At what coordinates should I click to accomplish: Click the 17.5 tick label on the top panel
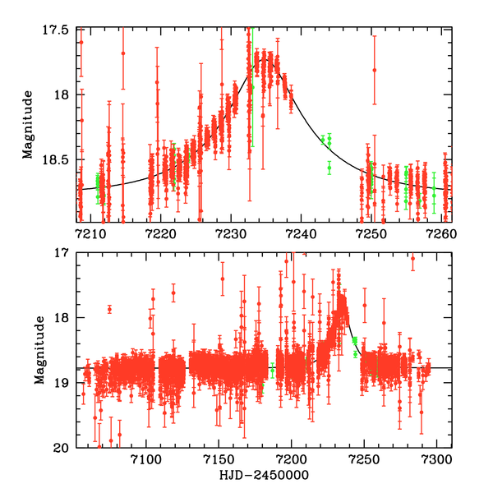pyautogui.click(x=60, y=30)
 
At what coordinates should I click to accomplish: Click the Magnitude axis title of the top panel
pyautogui.click(x=28, y=125)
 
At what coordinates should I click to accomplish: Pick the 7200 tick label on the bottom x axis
pyautogui.click(x=290, y=459)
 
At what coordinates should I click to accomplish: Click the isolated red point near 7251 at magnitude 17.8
pyautogui.click(x=374, y=71)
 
